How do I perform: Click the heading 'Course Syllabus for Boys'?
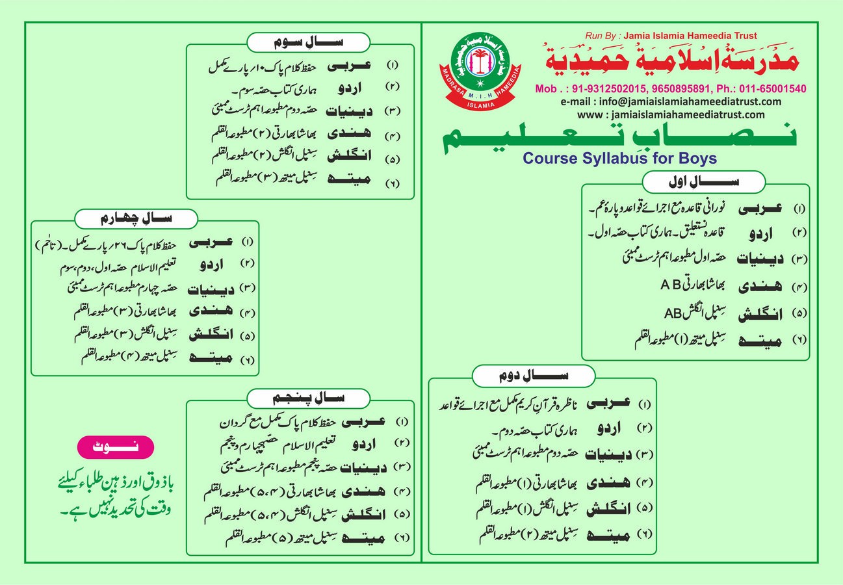click(621, 158)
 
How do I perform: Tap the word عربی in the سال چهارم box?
click(211, 242)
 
